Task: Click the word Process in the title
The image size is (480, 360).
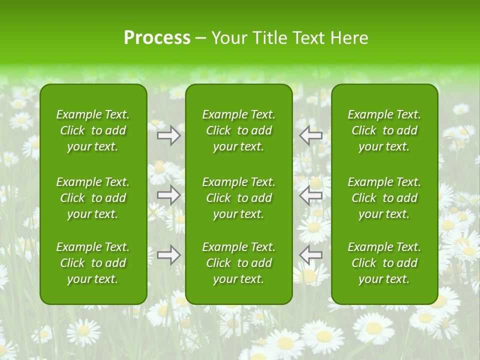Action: click(x=157, y=38)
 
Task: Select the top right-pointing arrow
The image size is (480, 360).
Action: click(x=169, y=135)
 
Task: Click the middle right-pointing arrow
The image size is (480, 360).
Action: click(x=169, y=195)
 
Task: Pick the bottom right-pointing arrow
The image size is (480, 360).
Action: click(x=169, y=255)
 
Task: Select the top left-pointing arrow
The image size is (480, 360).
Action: click(x=311, y=135)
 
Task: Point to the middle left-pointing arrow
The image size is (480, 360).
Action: click(x=311, y=195)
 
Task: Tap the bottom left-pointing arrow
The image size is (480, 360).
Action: click(x=311, y=255)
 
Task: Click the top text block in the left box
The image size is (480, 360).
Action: click(x=93, y=130)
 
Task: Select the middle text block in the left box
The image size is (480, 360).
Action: click(x=93, y=198)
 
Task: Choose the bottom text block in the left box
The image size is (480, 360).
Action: click(x=93, y=263)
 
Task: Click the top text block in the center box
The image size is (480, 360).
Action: click(x=238, y=130)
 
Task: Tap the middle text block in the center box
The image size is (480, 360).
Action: click(x=238, y=198)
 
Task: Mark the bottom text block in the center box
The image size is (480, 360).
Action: click(x=238, y=263)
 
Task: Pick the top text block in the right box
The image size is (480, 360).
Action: click(x=384, y=130)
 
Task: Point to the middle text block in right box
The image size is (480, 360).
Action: click(x=384, y=198)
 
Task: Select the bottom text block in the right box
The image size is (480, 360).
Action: click(x=384, y=263)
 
